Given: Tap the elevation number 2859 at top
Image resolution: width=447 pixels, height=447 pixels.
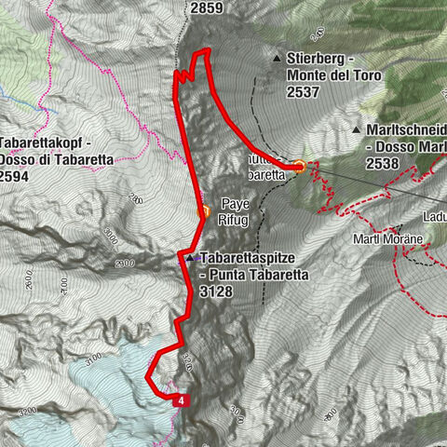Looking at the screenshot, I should point(205,7).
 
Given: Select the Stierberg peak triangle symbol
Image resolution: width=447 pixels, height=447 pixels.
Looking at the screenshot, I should point(277,59).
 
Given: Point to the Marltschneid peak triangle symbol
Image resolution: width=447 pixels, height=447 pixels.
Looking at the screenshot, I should point(357,129).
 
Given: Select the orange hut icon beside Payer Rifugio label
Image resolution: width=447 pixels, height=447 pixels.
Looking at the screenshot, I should point(204,213).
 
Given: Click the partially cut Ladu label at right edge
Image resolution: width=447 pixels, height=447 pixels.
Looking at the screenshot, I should point(432,217).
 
